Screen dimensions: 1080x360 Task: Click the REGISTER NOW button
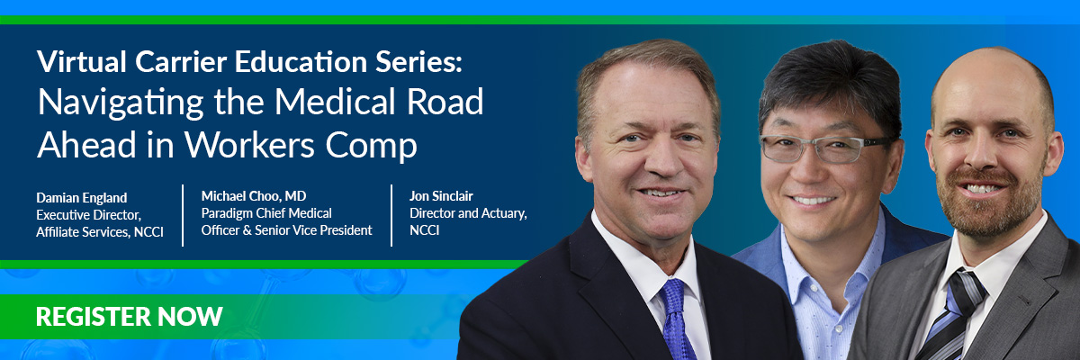click(x=130, y=317)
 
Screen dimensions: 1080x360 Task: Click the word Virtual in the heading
click(x=82, y=62)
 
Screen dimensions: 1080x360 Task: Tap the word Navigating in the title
click(x=121, y=103)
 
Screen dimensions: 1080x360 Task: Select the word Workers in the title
click(x=250, y=145)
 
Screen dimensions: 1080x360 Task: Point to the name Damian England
click(x=82, y=198)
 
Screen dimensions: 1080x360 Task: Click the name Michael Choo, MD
click(x=254, y=196)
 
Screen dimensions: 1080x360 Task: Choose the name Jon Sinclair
click(x=441, y=196)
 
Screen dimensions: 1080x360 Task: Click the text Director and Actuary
click(x=468, y=213)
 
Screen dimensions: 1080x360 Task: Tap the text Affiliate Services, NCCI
click(x=100, y=232)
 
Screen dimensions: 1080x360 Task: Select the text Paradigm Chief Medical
click(x=266, y=213)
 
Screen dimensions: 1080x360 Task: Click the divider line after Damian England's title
click(x=183, y=215)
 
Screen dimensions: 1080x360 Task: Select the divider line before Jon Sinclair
click(x=391, y=215)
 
